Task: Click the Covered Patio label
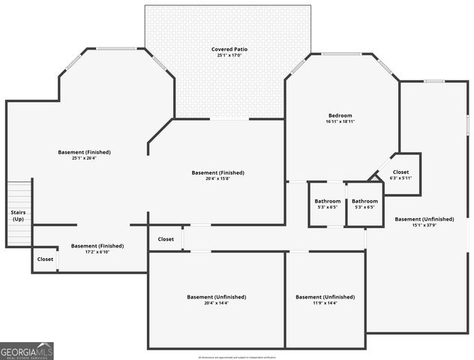pos(229,49)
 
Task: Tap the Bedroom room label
pos(340,115)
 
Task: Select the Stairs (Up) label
pos(18,215)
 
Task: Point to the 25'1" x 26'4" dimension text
pos(84,158)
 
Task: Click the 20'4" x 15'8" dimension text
pos(218,178)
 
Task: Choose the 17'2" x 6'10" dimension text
pos(97,252)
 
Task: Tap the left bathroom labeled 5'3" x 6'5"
pos(328,207)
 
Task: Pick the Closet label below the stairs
pos(45,259)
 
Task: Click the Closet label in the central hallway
pos(166,239)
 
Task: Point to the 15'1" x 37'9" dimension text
pos(424,225)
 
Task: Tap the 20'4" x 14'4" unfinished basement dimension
pos(217,303)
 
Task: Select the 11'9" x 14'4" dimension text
pos(325,303)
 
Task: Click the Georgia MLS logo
pos(27,351)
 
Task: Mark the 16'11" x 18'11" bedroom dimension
pos(340,121)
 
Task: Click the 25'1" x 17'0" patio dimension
pos(229,55)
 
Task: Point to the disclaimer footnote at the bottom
pos(237,358)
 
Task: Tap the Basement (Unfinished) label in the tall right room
pos(424,219)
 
